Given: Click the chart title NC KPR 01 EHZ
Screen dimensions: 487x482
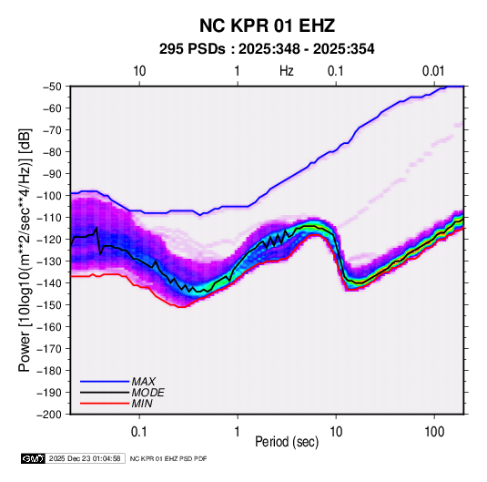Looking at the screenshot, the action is (267, 26).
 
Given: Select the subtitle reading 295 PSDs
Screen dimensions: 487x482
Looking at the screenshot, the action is (192, 49).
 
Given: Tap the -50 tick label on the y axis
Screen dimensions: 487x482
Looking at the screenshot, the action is (52, 87).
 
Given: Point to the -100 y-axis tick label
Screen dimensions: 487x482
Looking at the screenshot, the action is (50, 196).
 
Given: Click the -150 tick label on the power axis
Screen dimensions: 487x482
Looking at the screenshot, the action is (50, 304).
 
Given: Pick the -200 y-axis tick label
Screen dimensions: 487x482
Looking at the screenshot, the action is (50, 415).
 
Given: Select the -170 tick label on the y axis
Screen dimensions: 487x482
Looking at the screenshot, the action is (50, 349).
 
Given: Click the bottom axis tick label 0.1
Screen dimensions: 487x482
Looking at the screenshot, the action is (139, 432).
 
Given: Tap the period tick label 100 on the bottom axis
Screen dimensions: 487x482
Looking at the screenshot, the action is (434, 432).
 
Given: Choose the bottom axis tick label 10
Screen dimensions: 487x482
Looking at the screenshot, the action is (336, 432).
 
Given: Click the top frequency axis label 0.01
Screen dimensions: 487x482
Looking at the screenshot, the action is (433, 71).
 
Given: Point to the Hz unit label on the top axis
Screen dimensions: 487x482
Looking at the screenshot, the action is (287, 71).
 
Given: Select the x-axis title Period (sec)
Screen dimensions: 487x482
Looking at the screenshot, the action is (287, 442).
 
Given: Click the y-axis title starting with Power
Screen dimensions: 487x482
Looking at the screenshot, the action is (25, 251).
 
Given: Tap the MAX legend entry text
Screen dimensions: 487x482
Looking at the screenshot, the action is (144, 382).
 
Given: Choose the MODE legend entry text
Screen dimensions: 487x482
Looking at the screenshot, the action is (147, 393).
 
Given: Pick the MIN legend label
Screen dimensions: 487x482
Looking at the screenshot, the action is (142, 404).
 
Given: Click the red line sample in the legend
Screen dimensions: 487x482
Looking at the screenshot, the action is (105, 404).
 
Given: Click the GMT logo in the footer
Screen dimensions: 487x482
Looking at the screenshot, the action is (34, 458).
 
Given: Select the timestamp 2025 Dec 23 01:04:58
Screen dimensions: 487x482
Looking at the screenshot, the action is (85, 458).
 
